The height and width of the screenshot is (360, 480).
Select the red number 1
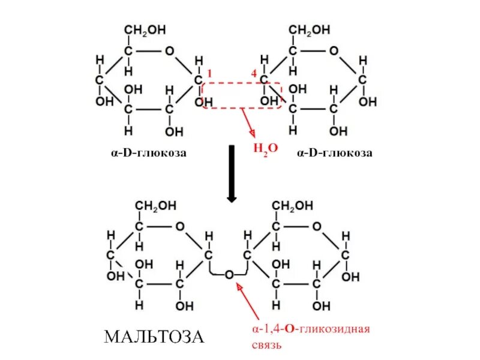click(x=209, y=73)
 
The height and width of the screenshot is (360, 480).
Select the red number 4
click(x=254, y=73)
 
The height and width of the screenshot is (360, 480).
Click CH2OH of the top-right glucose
click(x=310, y=29)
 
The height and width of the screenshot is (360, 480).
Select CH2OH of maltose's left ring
click(x=155, y=205)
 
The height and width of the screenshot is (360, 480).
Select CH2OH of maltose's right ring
click(x=293, y=205)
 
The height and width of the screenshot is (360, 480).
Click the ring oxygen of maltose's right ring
click(x=316, y=226)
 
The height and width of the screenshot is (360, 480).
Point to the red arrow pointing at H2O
click(x=247, y=123)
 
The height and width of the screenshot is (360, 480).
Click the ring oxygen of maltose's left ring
click(x=179, y=226)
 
